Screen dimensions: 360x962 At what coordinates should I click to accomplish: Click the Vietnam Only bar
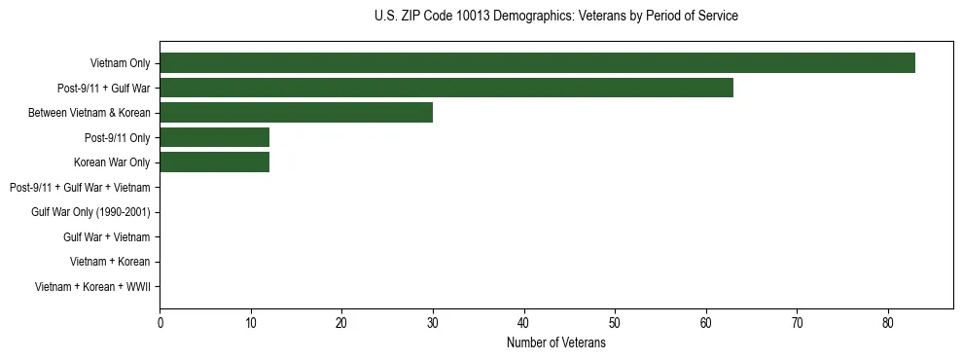(537, 63)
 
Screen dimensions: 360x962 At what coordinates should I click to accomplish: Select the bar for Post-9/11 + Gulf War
(446, 88)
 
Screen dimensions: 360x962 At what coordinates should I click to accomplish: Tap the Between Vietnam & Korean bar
(296, 113)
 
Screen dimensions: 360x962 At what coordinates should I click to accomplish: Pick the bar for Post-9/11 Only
(214, 137)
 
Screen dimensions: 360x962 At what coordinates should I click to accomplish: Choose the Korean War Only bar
(214, 162)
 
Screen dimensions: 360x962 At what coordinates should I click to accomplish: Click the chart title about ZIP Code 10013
(555, 17)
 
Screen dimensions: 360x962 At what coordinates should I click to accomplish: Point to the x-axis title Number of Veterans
(555, 343)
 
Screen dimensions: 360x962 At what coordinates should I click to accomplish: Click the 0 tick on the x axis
(160, 323)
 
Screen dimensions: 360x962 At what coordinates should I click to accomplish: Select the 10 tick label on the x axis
(251, 323)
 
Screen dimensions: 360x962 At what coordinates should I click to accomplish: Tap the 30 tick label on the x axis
(433, 323)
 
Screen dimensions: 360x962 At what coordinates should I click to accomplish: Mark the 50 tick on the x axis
(615, 323)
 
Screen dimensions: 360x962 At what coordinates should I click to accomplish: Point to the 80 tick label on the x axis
(888, 323)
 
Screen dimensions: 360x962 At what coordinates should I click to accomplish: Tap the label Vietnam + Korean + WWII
(92, 287)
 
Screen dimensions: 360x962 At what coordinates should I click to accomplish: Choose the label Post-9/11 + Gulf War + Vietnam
(80, 187)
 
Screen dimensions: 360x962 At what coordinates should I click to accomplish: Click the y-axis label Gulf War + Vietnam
(107, 237)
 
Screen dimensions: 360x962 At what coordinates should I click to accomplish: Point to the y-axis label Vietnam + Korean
(110, 262)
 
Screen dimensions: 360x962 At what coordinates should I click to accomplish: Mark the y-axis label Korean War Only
(112, 162)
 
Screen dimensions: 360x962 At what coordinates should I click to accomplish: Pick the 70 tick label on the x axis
(797, 323)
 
